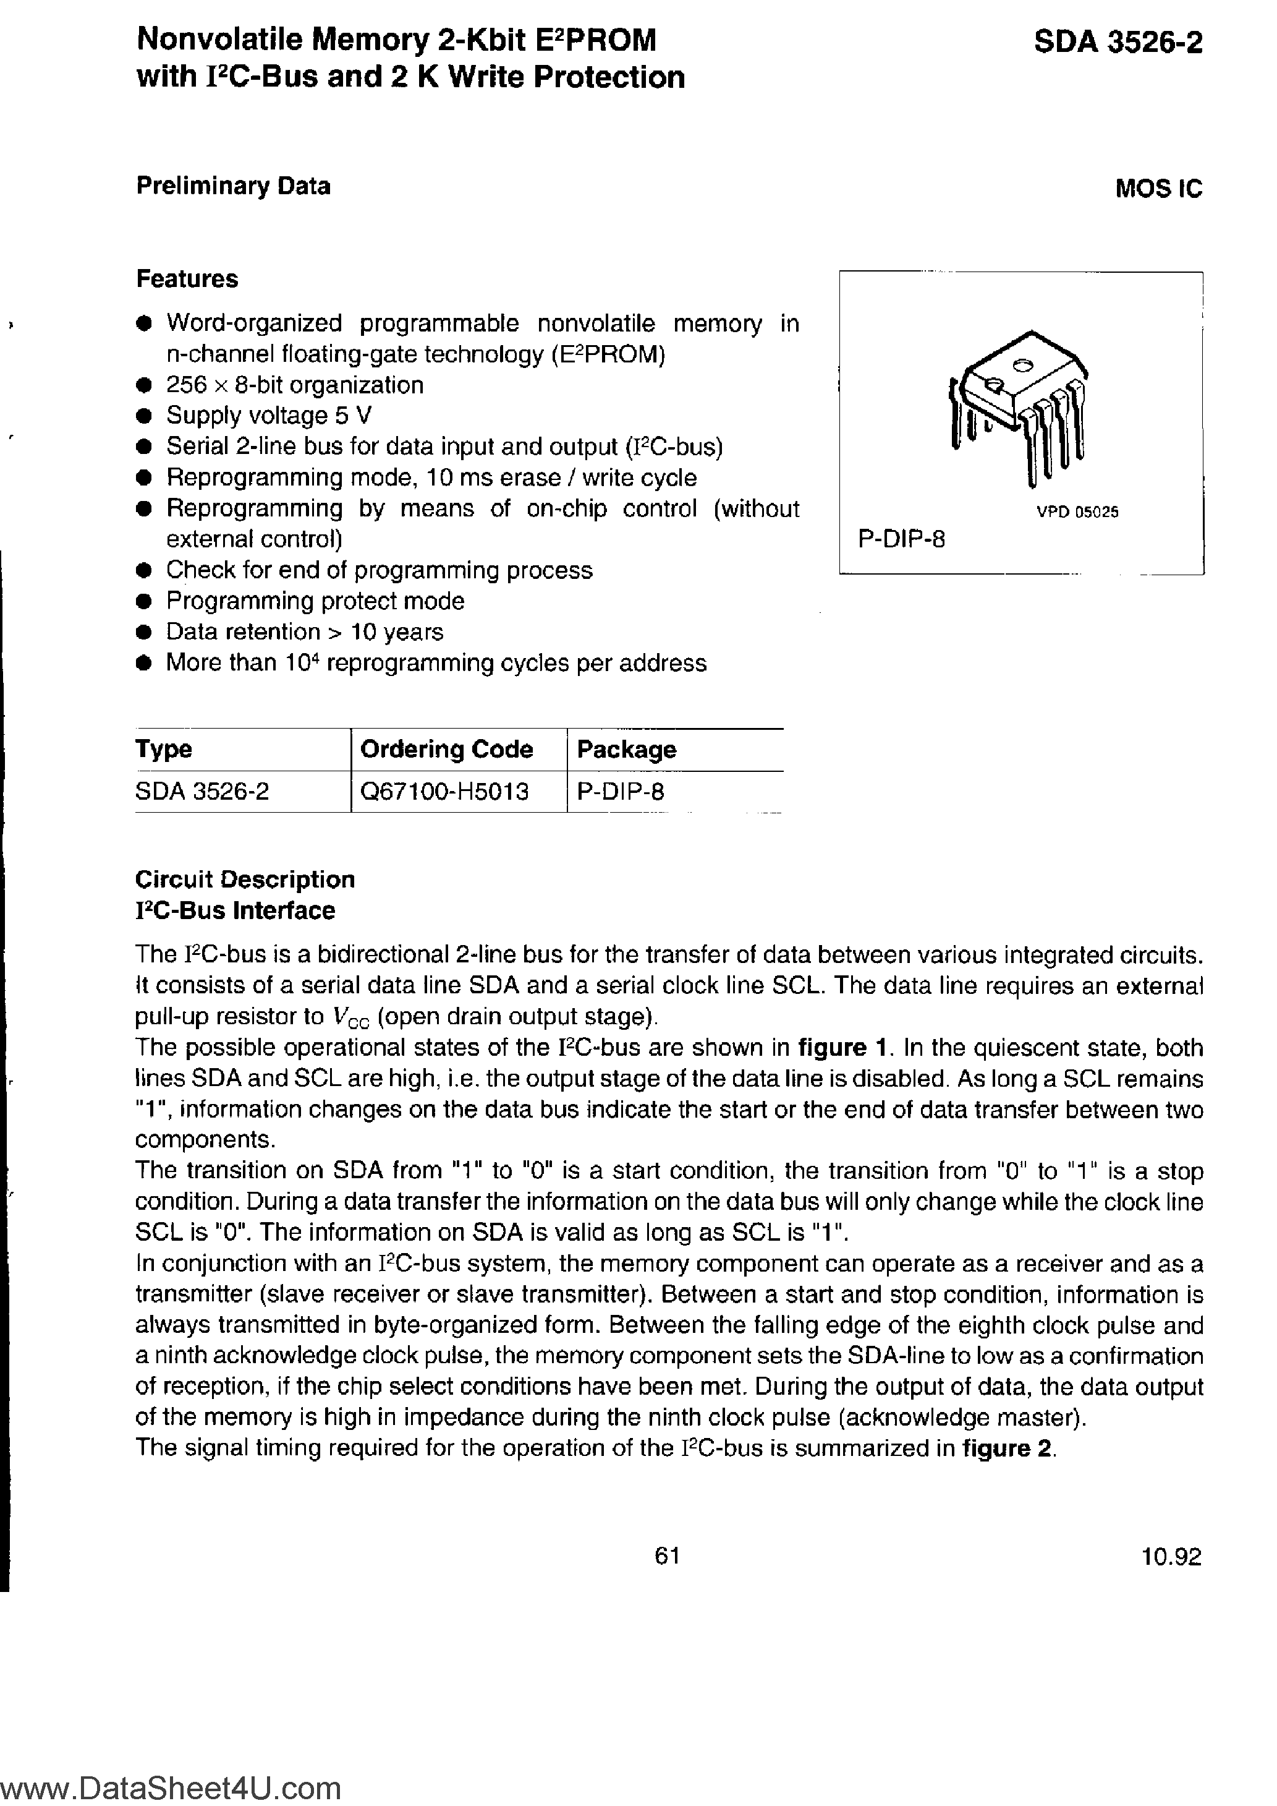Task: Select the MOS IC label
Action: (1158, 189)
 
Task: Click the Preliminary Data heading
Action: (233, 186)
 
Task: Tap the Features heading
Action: (187, 279)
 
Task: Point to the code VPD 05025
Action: (1077, 512)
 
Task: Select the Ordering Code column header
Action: (446, 749)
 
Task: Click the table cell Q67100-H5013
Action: (444, 791)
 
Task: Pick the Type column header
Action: (164, 749)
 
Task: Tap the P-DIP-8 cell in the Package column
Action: (621, 791)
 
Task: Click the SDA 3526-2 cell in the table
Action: (202, 791)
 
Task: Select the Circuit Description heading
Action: (245, 879)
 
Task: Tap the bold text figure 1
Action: (843, 1048)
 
